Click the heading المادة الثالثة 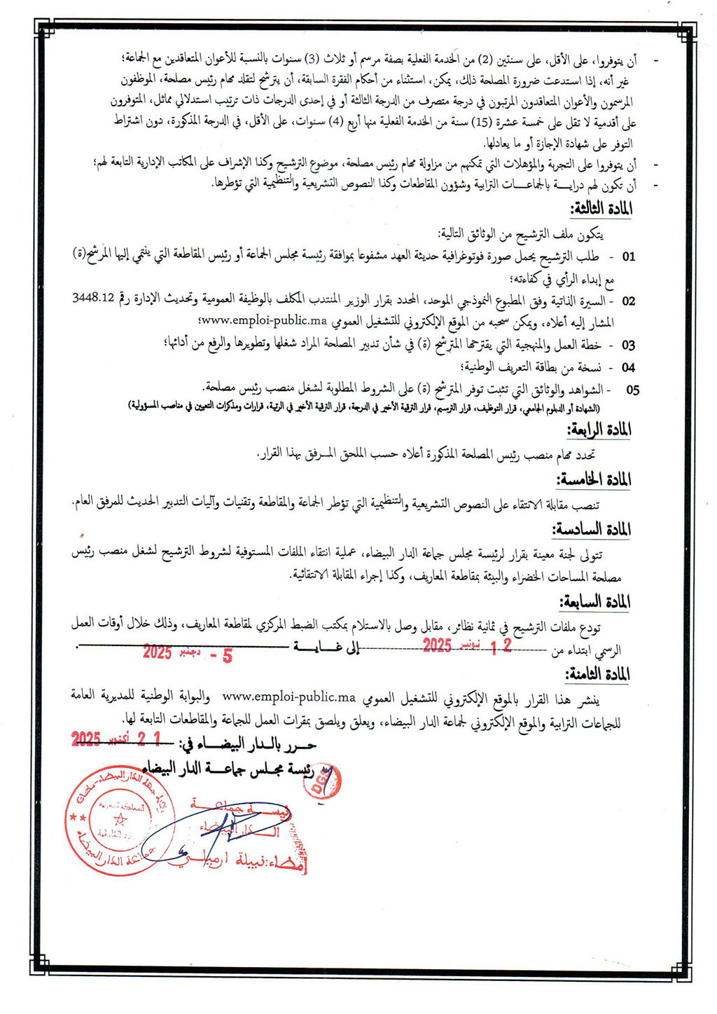point(601,210)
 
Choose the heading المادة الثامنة point(597,675)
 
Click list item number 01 point(629,256)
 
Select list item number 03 point(628,345)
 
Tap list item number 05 point(632,390)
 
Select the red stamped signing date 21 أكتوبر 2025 point(116,739)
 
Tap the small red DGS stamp point(326,781)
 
